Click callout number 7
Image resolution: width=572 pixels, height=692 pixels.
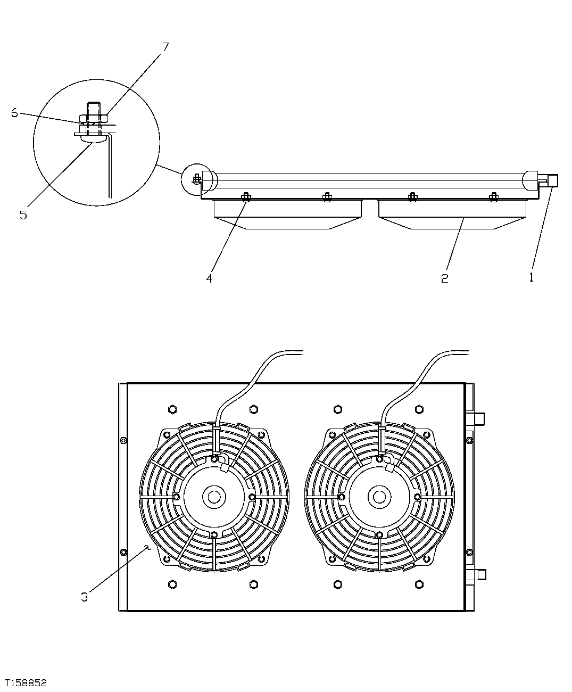pyautogui.click(x=165, y=47)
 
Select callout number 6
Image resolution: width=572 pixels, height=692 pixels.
pyautogui.click(x=14, y=113)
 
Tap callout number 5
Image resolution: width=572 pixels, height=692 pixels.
pyautogui.click(x=23, y=215)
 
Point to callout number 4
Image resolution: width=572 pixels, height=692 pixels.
pyautogui.click(x=210, y=278)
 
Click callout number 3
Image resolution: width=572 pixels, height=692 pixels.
pyautogui.click(x=84, y=597)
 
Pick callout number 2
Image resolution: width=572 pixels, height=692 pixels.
pyautogui.click(x=444, y=278)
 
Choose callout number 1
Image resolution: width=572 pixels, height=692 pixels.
pyautogui.click(x=531, y=277)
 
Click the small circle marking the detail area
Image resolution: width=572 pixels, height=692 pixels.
pyautogui.click(x=196, y=179)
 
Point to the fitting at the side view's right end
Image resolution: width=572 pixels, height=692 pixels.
pyautogui.click(x=551, y=180)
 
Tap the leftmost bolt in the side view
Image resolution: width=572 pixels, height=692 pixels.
pyautogui.click(x=246, y=197)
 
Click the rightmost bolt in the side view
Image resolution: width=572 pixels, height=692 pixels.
pyautogui.click(x=494, y=197)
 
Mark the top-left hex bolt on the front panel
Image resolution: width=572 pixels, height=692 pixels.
pyautogui.click(x=172, y=409)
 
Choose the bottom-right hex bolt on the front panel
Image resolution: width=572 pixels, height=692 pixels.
pyautogui.click(x=419, y=585)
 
